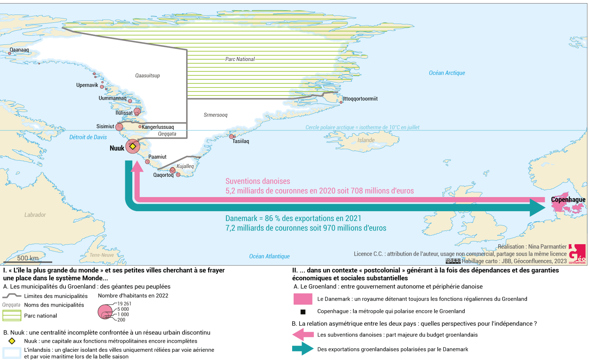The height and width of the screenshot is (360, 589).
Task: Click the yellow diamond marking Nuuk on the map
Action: [133, 146]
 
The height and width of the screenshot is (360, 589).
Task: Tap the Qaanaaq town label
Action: [19, 50]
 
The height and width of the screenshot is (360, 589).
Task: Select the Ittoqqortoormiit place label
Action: [360, 99]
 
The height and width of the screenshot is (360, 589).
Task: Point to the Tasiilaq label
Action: [241, 141]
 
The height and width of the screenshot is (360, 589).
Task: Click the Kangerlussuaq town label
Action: [158, 127]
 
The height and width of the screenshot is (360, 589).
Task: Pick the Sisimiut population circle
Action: [119, 127]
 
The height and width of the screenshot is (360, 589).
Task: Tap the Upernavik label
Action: [87, 85]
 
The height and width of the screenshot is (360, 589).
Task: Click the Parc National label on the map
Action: [240, 59]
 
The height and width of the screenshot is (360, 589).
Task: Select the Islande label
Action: [366, 140]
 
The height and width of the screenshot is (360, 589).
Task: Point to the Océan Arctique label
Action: [447, 73]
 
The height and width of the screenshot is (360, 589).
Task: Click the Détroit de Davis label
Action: [88, 137]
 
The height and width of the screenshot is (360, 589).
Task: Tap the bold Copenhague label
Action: [568, 199]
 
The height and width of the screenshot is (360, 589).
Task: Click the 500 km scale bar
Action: [28, 261]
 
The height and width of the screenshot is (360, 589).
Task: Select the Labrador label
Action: [35, 215]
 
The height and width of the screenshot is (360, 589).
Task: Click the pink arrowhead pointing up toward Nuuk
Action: [137, 166]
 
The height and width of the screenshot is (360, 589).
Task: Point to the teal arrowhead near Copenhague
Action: [538, 207]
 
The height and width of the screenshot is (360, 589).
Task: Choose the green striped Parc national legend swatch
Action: [12, 316]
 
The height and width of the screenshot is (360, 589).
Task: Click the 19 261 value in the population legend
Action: [124, 304]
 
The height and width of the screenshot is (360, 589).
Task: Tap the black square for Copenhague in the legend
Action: [303, 312]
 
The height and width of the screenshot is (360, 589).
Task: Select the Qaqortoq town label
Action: [163, 175]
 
